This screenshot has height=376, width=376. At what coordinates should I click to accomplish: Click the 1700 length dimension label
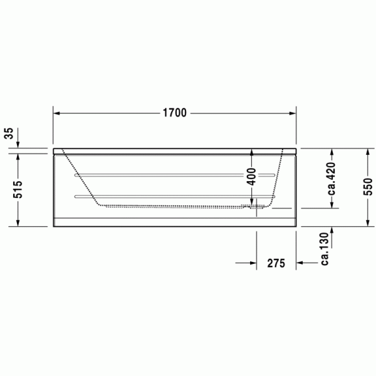point(175,113)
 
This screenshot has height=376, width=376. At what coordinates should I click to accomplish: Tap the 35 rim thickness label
point(9,133)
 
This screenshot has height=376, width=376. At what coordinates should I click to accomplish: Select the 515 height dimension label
point(18,189)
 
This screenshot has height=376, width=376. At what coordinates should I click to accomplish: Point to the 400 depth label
point(251,177)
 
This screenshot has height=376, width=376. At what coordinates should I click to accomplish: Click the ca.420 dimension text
point(332,179)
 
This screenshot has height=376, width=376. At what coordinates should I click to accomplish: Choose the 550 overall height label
point(368,187)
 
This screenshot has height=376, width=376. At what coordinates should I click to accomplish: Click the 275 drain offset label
point(276,263)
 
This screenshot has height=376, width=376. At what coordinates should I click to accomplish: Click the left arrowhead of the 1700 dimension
point(56,113)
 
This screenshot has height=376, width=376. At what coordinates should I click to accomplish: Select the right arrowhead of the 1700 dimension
point(293,113)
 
